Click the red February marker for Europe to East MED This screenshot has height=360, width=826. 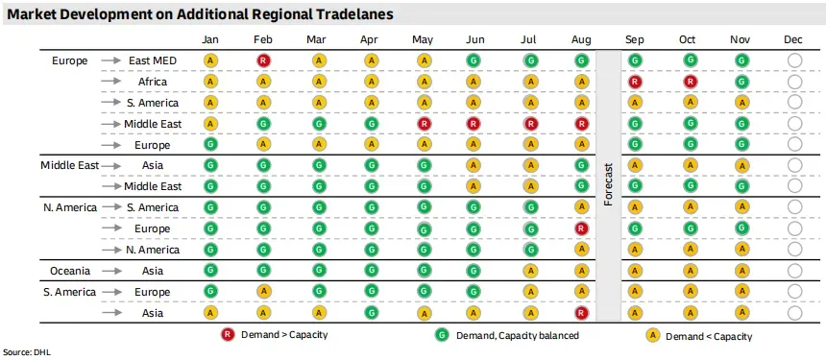point(264,60)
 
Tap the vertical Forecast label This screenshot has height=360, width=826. point(609,184)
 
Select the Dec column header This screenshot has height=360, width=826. point(792,40)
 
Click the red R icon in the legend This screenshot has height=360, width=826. point(228,335)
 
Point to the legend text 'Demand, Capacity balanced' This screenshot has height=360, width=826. point(518,335)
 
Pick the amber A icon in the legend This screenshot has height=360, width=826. point(653,335)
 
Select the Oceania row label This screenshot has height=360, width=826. point(70,271)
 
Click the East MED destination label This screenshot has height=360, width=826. point(153,60)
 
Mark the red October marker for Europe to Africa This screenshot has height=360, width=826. point(691,82)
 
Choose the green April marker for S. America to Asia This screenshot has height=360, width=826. point(372,313)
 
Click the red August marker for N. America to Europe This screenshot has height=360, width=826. point(582,228)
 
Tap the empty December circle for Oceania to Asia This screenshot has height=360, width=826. point(795,271)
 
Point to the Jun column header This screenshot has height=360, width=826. point(475,40)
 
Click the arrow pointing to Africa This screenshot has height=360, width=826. point(111,82)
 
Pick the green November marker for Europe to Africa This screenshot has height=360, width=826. point(742,82)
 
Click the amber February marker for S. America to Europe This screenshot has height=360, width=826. point(264,291)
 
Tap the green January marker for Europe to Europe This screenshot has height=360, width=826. point(210,144)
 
